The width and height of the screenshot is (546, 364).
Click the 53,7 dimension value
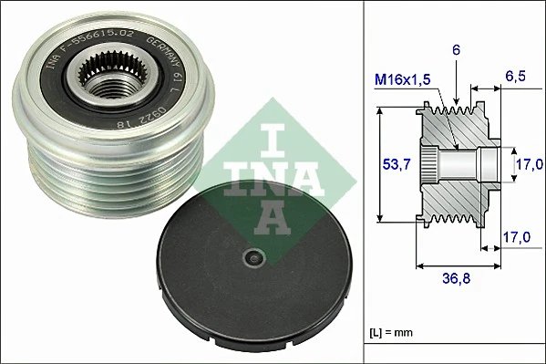tap(390, 164)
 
